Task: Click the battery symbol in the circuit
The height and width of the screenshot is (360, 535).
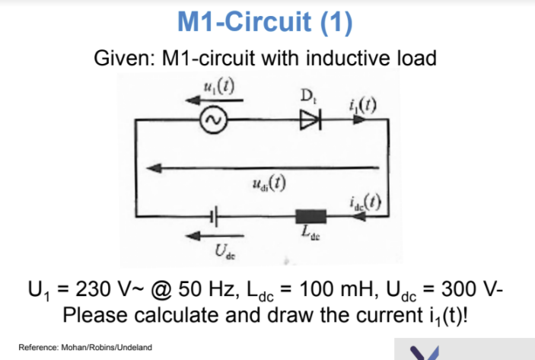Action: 215,216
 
